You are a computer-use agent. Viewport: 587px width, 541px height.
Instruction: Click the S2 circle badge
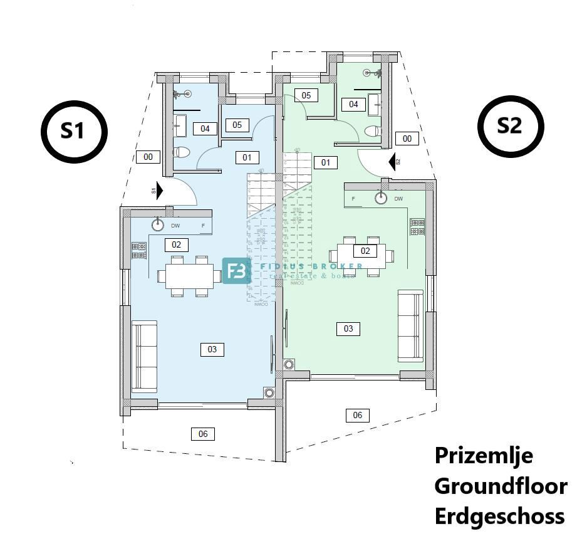pos(510,126)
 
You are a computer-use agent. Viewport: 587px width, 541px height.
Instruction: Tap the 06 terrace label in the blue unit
pos(203,433)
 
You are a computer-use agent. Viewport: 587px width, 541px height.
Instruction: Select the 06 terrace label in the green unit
pos(357,414)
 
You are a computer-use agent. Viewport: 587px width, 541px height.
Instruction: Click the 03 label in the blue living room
pos(212,349)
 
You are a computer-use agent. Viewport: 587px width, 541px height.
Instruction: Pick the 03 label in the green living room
pos(348,328)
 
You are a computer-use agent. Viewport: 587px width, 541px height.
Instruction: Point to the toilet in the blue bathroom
pos(180,152)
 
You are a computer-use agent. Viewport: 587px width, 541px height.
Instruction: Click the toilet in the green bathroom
pos(373,132)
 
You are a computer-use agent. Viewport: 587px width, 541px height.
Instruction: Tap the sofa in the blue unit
pos(144,356)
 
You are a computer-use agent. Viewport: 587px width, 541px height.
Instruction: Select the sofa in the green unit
pos(410,325)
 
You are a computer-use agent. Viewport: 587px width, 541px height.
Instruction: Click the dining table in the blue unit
pos(189,276)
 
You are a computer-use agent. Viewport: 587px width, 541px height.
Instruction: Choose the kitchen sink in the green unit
pos(380,199)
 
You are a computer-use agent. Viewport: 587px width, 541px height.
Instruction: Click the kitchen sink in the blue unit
pos(158,225)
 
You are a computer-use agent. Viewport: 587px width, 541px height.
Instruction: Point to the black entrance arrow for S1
pos(159,190)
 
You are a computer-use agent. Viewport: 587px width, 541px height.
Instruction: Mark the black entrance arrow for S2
pos(393,162)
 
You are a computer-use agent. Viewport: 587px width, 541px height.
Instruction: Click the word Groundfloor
pos(501,486)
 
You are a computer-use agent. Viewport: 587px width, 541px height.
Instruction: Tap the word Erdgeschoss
pos(499,517)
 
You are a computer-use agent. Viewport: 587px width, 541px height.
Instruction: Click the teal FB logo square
pos(236,271)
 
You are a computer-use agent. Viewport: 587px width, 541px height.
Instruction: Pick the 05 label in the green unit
pos(306,95)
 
